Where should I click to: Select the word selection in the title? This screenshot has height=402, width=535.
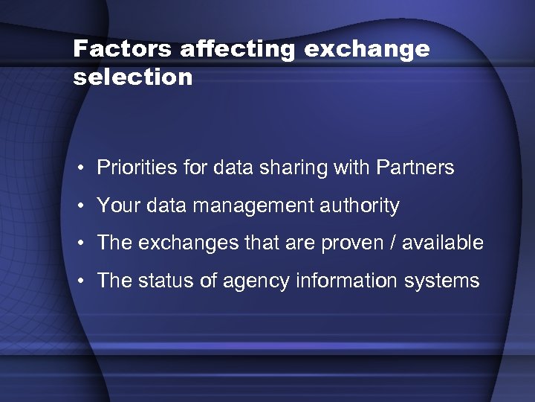[133, 77]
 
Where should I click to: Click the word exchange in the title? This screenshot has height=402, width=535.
[367, 49]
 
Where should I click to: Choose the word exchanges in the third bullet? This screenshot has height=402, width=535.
[179, 243]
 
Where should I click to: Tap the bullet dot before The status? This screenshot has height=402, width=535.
[79, 281]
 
